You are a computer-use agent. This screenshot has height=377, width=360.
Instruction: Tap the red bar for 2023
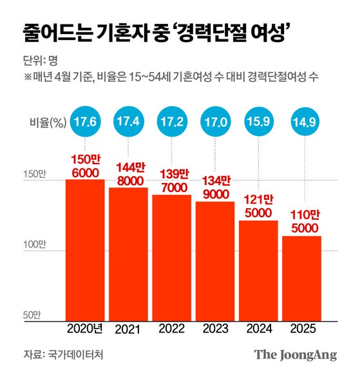215,261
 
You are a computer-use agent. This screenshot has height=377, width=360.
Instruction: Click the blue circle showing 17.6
85,121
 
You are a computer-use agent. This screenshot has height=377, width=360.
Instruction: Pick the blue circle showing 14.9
301,121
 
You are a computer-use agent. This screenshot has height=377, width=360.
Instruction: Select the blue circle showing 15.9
258,121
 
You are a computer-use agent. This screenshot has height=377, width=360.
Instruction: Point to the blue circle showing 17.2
172,121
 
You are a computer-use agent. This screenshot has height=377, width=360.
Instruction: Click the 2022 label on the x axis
172,329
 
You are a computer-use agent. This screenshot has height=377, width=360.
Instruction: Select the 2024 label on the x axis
258,329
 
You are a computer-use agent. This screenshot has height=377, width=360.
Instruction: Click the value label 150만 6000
85,164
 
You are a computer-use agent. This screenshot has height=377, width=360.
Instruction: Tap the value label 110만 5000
301,221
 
